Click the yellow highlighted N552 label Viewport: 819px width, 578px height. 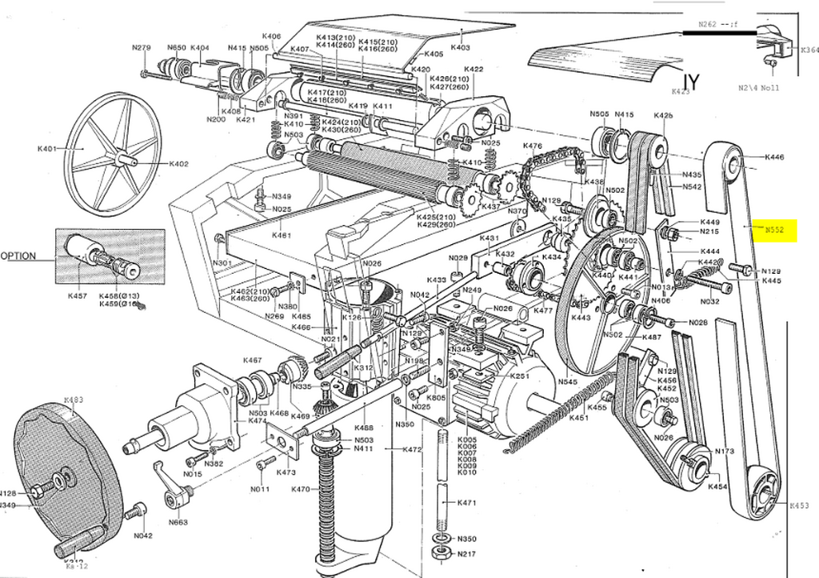tap(774, 229)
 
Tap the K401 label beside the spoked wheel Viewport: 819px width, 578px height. tap(46, 150)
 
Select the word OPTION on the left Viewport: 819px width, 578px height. tap(18, 256)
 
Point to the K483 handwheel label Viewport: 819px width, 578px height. tap(73, 399)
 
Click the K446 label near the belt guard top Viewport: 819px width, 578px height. tap(774, 158)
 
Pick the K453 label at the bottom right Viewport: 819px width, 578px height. tap(799, 506)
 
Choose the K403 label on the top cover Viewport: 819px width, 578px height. tap(460, 48)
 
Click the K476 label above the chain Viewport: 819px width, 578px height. tap(533, 146)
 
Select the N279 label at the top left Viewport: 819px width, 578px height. tap(142, 48)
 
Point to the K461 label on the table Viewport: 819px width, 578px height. tap(282, 235)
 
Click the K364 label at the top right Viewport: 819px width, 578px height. tap(809, 50)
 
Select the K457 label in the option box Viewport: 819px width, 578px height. tap(78, 296)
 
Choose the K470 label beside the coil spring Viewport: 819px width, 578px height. tap(301, 489)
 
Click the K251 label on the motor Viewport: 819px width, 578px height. tap(520, 375)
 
